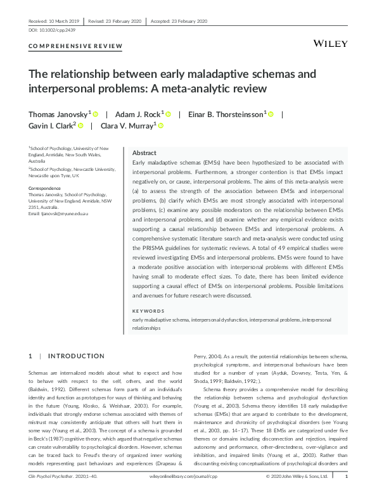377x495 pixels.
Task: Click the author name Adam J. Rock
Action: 137,115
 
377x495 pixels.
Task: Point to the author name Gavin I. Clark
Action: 52,126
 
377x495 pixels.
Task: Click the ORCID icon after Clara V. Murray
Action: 161,126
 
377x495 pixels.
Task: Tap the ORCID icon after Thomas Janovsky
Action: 96,115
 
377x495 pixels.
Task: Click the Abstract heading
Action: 144,153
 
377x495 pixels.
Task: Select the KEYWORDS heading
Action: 148,311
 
